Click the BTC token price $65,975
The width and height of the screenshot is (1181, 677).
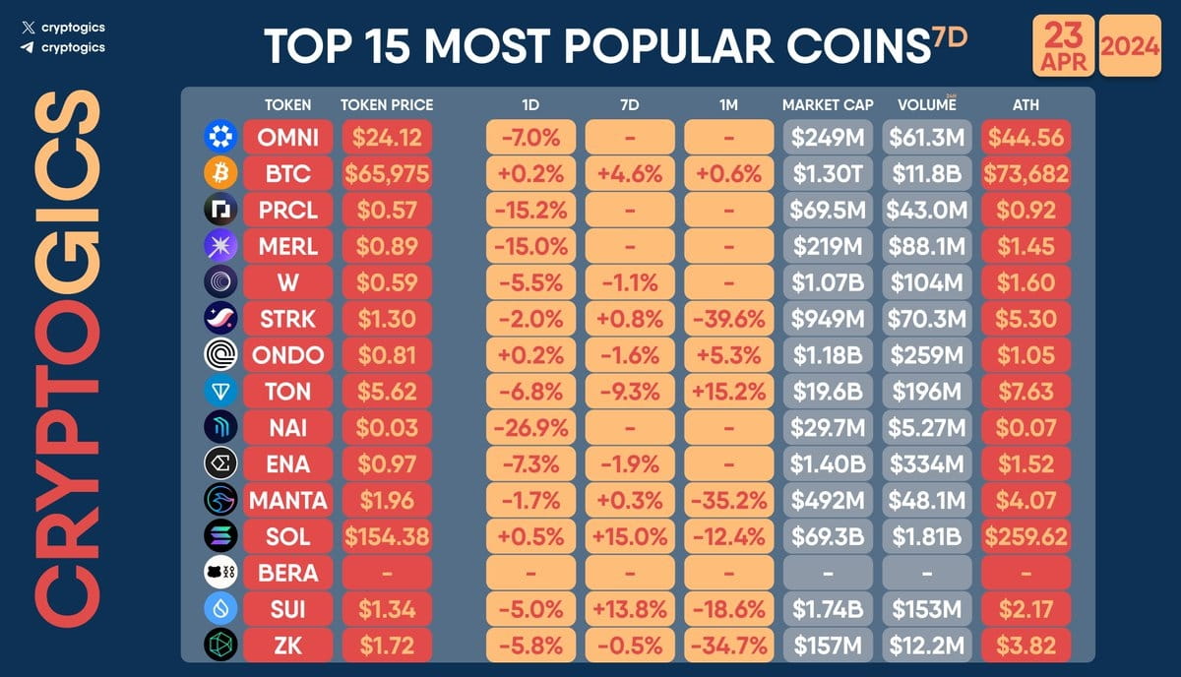pos(386,174)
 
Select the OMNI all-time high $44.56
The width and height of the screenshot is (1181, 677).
pos(1025,138)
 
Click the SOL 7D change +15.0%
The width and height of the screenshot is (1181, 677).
pos(630,536)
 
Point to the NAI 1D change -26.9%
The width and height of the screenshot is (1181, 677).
pos(531,428)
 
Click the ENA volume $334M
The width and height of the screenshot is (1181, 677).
pos(925,463)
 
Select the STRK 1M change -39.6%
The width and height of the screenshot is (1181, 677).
pos(728,319)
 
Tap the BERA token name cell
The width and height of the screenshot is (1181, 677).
pos(287,573)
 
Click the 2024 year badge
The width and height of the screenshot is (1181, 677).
pos(1129,45)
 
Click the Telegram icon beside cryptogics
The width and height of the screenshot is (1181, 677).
pos(27,46)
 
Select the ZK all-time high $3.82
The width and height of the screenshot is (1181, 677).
pos(1025,646)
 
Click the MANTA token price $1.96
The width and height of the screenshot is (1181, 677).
pos(386,500)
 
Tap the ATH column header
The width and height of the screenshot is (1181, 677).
pos(1025,104)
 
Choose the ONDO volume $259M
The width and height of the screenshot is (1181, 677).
pos(925,355)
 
